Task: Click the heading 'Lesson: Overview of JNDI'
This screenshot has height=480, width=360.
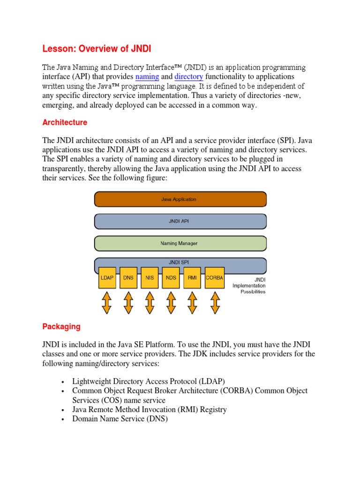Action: click(97, 49)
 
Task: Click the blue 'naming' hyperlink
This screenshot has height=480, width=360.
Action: click(147, 76)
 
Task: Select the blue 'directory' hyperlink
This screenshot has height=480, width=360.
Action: click(188, 76)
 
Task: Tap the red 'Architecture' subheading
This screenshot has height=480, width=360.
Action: click(65, 122)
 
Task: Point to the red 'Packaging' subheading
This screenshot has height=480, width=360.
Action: click(61, 326)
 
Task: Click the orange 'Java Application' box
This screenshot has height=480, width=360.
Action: click(180, 199)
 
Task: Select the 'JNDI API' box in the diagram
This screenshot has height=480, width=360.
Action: click(180, 221)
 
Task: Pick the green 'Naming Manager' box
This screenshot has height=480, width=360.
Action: click(180, 243)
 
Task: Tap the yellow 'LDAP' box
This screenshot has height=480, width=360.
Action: click(106, 277)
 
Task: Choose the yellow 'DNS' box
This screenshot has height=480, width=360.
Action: click(128, 277)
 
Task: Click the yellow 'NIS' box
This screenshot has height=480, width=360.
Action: click(150, 277)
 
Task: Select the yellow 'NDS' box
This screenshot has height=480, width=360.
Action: click(171, 277)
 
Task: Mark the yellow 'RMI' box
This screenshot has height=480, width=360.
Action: click(193, 277)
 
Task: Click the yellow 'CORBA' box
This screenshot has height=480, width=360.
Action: click(214, 277)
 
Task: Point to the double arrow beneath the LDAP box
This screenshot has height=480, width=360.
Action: click(106, 302)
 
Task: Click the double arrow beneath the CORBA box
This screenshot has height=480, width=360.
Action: click(214, 302)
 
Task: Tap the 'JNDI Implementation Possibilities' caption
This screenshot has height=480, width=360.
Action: click(250, 285)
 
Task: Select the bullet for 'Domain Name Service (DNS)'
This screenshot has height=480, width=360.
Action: click(62, 420)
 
